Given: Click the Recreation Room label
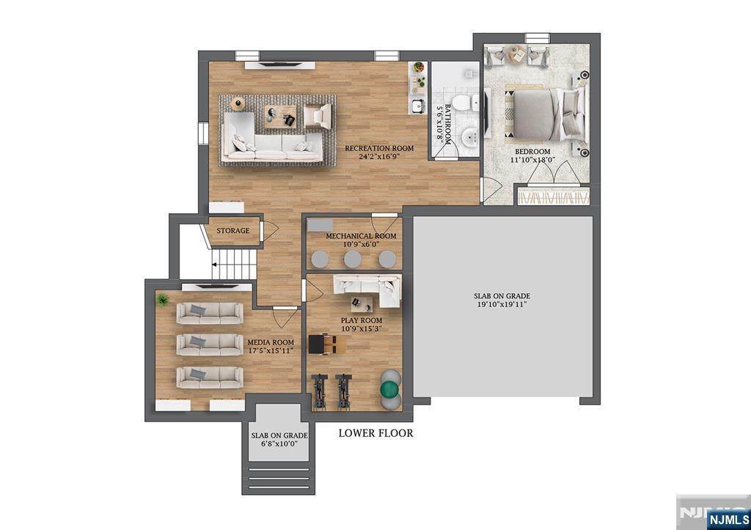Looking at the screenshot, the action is point(379,148).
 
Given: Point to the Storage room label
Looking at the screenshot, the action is point(232,231).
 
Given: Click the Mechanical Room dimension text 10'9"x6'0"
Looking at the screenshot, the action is point(362,245).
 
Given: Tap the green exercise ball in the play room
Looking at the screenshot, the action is point(390,389).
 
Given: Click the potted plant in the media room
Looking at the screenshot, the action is point(163,300).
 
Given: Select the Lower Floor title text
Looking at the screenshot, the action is point(376,433).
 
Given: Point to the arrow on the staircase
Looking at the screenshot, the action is point(215,265).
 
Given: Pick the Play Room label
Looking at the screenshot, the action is point(362,320).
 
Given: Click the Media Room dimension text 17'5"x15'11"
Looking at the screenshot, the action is point(271,350).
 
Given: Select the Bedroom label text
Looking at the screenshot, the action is point(532,151).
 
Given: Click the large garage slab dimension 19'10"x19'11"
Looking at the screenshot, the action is point(502,304).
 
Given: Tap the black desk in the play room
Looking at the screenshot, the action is point(317,344).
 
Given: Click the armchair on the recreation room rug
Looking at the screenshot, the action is point(318,116).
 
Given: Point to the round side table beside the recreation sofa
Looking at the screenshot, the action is point(238,103).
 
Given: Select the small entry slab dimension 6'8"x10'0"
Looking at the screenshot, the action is point(279,443).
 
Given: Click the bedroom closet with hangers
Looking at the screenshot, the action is point(554,196).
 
